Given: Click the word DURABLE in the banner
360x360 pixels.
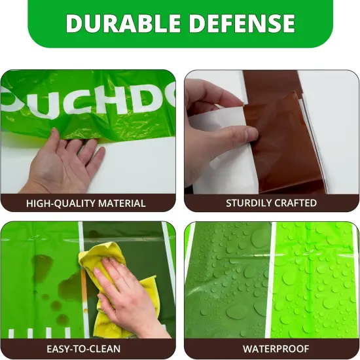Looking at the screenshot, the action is coord(123,23).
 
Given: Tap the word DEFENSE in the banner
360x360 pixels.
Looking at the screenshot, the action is coord(242,23).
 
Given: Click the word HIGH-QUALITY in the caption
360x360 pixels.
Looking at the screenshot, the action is coord(60,204).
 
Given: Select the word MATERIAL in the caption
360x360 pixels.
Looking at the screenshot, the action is coord(122,204).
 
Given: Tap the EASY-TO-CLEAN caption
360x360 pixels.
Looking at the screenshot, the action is coord(84,349).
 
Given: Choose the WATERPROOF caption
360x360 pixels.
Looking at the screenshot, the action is coord(276,349).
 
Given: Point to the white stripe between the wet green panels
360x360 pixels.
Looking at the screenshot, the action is coord(270,280).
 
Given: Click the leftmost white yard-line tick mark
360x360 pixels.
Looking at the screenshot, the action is coord(11,334).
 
